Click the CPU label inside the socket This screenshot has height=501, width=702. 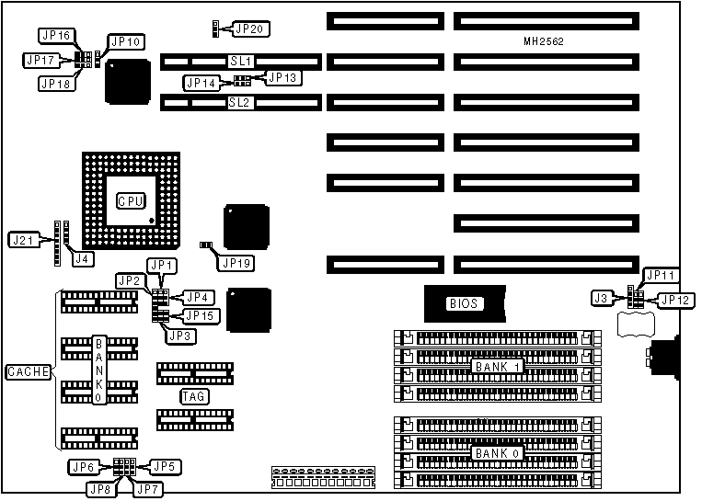[131, 200]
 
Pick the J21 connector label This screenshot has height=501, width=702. [23, 241]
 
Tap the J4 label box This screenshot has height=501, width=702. [83, 258]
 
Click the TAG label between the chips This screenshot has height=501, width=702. [193, 396]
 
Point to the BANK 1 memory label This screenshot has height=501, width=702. [498, 366]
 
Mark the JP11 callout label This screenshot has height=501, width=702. [662, 275]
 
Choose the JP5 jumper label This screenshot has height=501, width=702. [163, 466]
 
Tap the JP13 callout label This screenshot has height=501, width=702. [281, 77]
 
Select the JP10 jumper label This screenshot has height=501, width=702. [125, 41]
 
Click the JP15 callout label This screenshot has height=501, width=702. [201, 315]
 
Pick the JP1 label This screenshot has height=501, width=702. [162, 266]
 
